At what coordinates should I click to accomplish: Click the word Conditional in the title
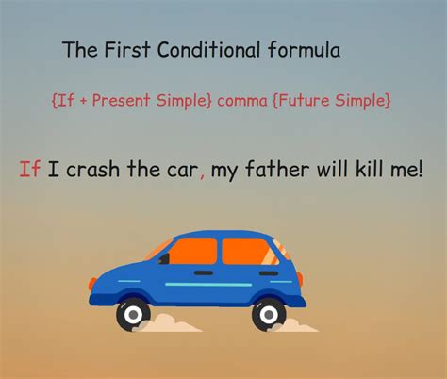198,51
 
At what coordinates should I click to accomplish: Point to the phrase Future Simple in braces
337,98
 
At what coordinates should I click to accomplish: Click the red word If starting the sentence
29,170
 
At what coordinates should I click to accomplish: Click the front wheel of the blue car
135,313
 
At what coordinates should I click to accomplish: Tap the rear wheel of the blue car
269,313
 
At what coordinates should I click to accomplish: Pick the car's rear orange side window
247,252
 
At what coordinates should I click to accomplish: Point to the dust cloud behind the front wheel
170,323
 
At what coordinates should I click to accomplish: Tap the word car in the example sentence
178,171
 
